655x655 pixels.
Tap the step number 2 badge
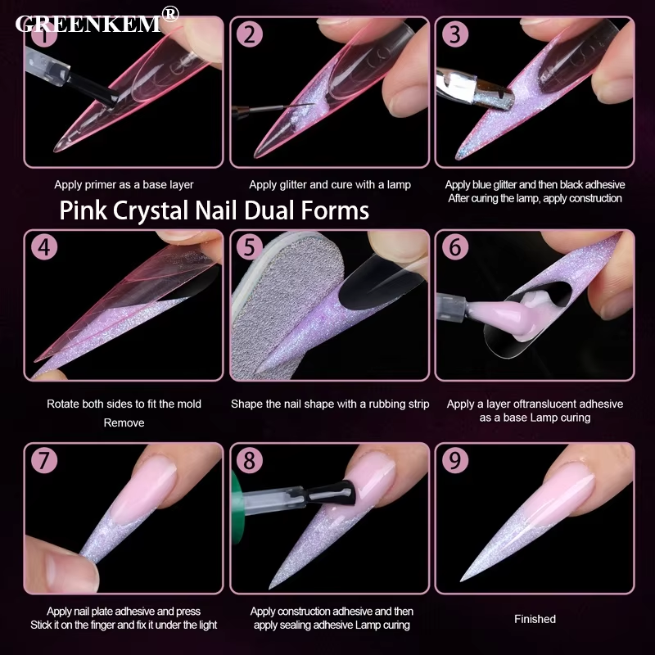click(x=250, y=34)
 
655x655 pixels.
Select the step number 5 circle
click(x=250, y=247)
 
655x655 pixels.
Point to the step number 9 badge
click(x=455, y=460)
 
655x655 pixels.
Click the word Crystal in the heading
click(x=154, y=210)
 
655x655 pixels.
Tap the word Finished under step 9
click(x=535, y=619)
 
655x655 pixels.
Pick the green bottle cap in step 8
click(x=237, y=507)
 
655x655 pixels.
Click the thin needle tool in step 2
click(x=272, y=110)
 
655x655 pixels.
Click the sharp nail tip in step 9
click(x=462, y=580)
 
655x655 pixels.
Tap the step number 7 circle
click(x=44, y=460)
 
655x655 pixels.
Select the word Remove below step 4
click(x=124, y=422)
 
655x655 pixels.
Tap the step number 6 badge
click(x=455, y=247)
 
